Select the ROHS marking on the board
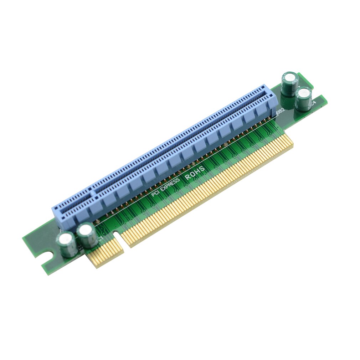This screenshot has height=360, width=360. coord(195,173)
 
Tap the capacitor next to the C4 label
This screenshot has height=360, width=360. coord(303,98)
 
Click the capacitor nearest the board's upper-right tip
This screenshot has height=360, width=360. coord(290,83)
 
